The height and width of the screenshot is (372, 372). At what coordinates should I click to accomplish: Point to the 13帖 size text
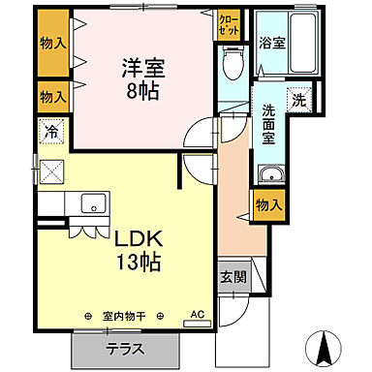(x=137, y=262)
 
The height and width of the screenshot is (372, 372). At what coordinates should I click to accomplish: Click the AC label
(x=197, y=315)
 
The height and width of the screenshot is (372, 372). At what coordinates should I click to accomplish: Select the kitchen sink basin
(x=94, y=202)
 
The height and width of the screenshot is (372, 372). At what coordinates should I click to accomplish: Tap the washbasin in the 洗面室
(x=270, y=175)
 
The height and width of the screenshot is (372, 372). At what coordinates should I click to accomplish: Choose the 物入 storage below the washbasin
(x=268, y=203)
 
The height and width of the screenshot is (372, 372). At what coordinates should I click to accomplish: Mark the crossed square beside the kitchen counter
(x=49, y=172)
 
